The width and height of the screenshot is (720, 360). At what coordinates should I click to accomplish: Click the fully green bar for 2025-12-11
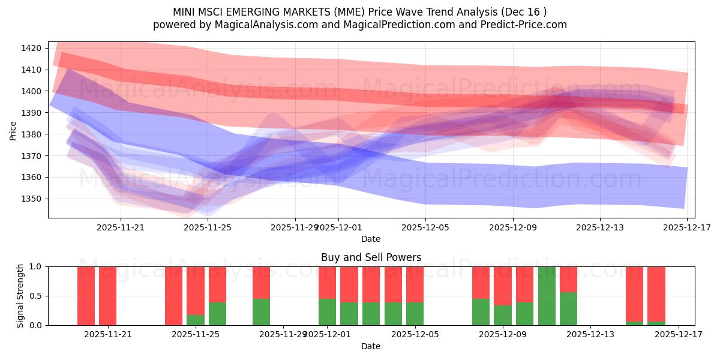tap(547, 296)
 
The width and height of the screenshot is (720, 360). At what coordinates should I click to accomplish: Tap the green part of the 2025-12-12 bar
tap(568, 309)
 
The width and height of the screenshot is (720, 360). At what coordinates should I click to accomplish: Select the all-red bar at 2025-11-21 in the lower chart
tap(108, 296)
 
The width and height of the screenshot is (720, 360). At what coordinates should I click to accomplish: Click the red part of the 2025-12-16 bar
tap(656, 293)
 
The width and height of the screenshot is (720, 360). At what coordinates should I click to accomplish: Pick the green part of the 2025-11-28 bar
tap(261, 312)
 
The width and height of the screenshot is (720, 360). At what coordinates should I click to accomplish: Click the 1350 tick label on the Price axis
tap(34, 199)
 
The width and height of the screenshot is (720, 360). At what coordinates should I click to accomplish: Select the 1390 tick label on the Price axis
tap(34, 113)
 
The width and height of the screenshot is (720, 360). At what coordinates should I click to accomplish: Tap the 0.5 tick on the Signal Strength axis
tap(36, 296)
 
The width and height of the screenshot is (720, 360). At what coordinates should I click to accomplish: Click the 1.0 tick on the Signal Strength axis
tap(36, 266)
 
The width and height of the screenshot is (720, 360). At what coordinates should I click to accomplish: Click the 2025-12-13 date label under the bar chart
tap(590, 334)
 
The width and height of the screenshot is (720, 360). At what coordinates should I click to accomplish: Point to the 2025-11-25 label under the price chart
tap(208, 227)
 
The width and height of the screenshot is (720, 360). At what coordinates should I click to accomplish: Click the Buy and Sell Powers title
tap(371, 257)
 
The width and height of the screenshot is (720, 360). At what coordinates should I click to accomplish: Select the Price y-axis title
tap(13, 130)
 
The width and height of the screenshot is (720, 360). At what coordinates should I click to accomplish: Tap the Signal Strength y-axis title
tap(20, 296)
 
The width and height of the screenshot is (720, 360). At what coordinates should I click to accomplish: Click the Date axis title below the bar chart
tap(371, 346)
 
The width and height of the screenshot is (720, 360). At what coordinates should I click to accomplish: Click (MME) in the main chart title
tap(348, 12)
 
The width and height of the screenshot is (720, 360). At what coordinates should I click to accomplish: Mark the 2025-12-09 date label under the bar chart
tap(503, 334)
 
